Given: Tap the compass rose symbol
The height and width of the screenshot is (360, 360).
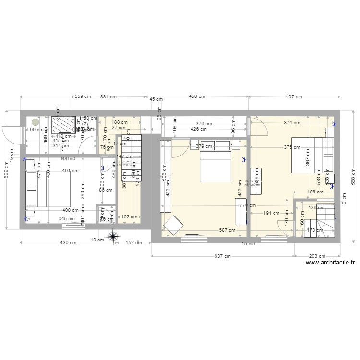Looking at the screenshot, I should (113, 236).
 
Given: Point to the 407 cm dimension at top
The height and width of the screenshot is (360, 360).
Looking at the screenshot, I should (294, 97).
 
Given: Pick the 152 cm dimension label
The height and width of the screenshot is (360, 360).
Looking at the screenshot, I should (133, 243).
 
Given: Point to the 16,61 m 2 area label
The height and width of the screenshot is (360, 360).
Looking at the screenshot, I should (69, 157).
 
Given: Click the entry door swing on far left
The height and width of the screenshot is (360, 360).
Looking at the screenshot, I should (11, 135).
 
